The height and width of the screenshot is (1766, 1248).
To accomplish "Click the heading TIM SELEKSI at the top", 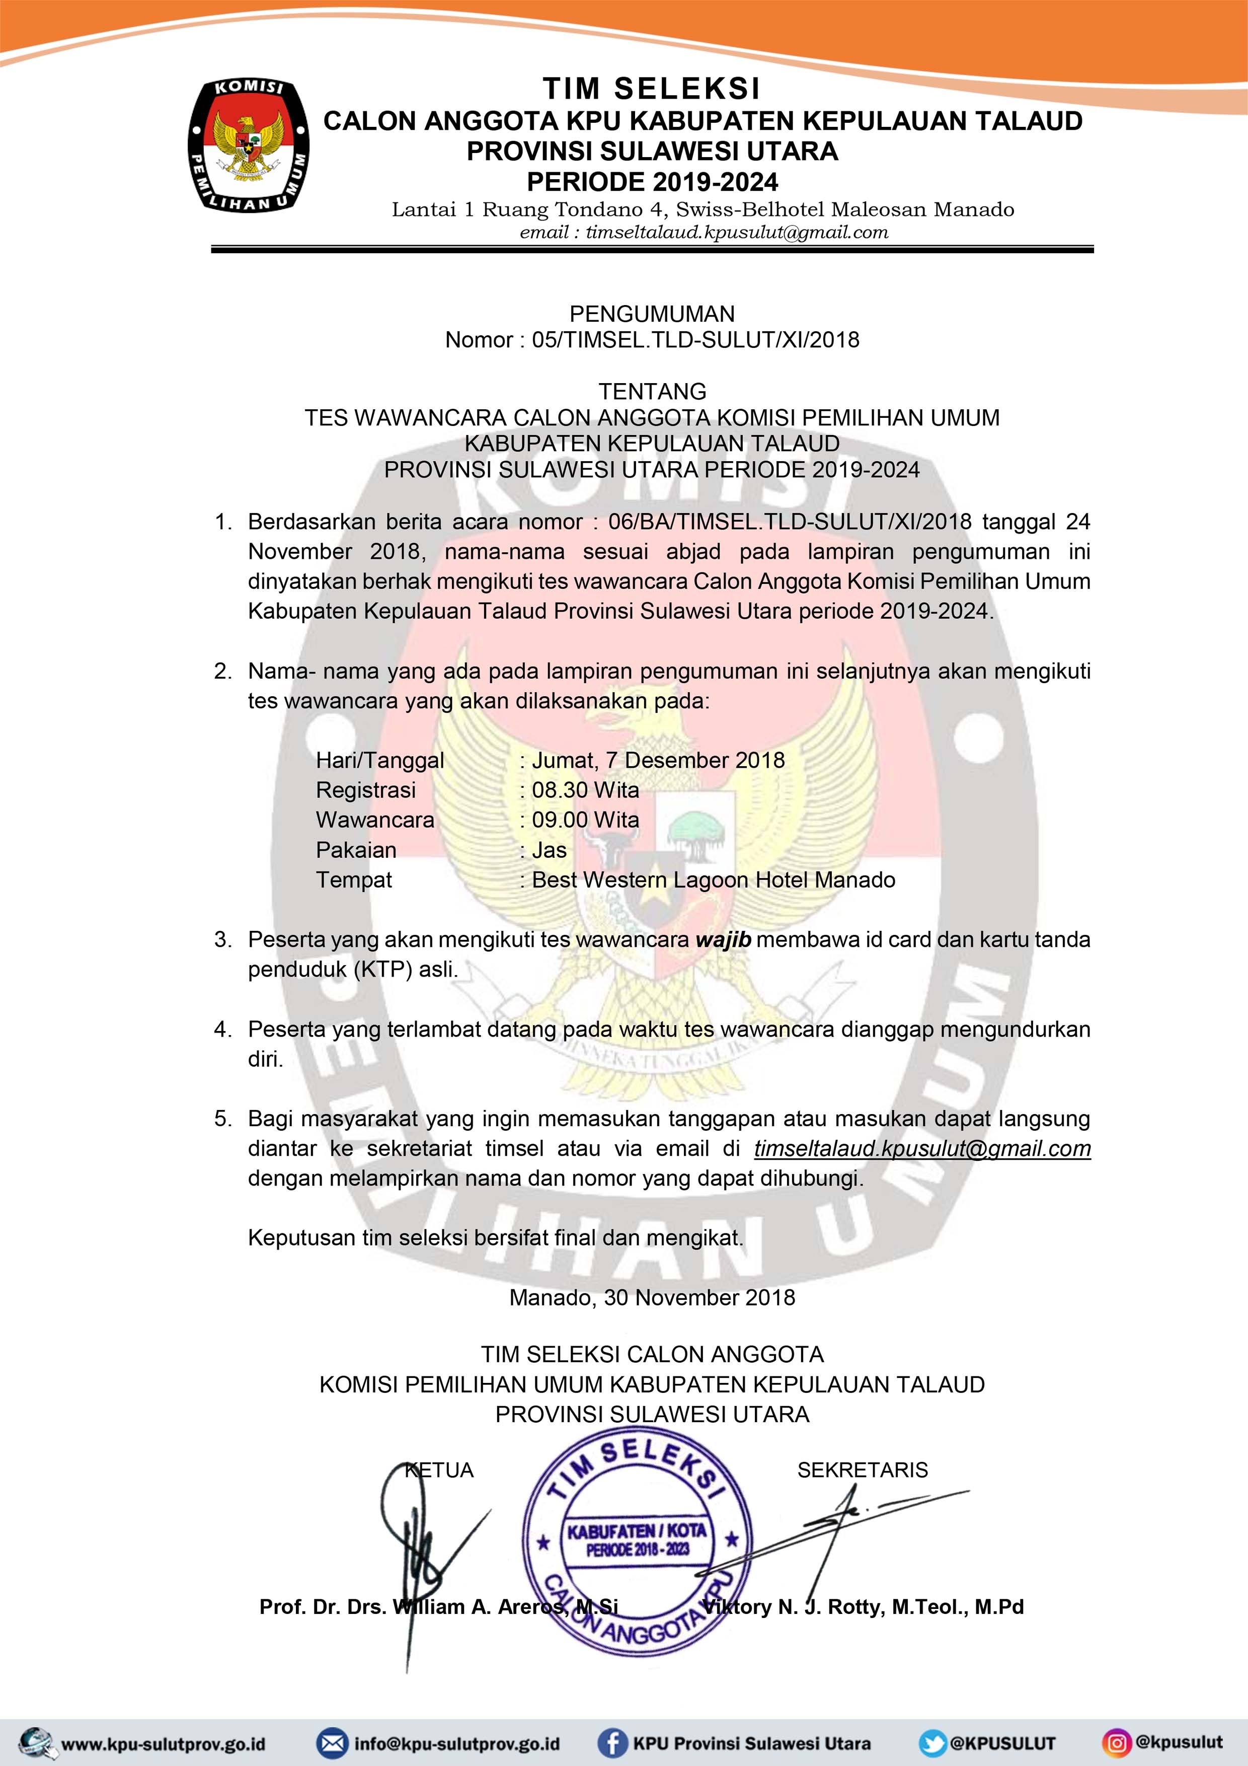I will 651,89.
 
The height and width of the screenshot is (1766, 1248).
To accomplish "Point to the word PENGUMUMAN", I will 651,314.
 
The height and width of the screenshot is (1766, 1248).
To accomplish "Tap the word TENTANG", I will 652,392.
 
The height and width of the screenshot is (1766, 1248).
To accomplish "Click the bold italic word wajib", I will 723,940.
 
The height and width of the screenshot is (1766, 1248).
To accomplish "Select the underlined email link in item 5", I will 922,1148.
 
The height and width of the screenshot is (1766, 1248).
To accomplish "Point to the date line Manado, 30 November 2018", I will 652,1298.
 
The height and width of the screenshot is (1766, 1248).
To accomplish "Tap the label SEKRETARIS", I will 862,1470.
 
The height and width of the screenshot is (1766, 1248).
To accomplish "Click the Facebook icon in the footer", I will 612,1742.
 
